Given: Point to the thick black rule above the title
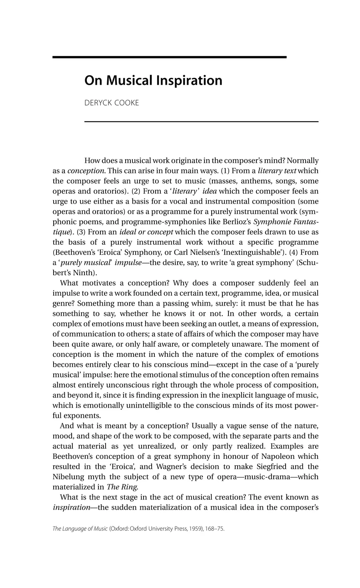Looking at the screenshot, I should coord(169,57).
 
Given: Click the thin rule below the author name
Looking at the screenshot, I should coord(201,121).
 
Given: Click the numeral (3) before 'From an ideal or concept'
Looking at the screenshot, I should coord(80,232).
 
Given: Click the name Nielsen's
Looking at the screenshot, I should coord(240,252).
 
